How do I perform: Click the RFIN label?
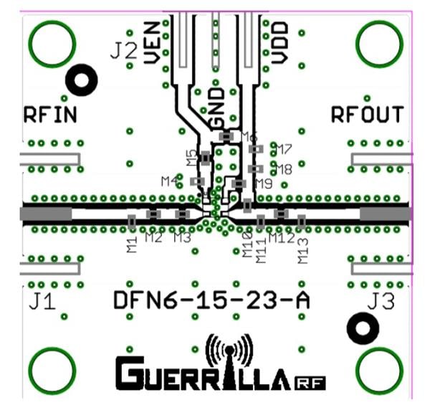[50, 115]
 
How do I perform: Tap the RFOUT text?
[367, 115]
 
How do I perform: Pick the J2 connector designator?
[123, 51]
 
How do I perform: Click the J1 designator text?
[42, 302]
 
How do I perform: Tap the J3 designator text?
[380, 302]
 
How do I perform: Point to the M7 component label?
[283, 150]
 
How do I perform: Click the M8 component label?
[283, 170]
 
